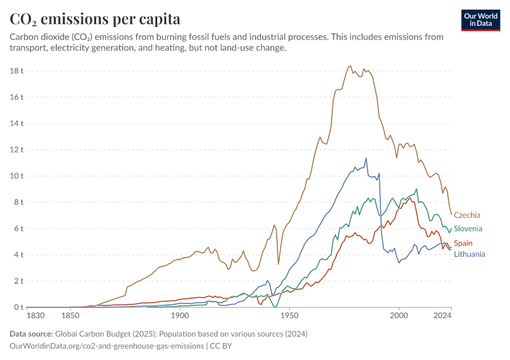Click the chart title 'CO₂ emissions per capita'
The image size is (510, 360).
coord(95,19)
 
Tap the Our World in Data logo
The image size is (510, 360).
coord(481,20)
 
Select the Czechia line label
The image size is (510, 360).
coord(467,215)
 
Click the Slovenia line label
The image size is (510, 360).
coord(468,229)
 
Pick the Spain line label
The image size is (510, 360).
coord(463,243)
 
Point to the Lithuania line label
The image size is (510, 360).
coord(469,254)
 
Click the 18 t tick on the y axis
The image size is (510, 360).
coord(17,71)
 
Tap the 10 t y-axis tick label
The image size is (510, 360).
coord(17,176)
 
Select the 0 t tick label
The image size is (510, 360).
coord(19,307)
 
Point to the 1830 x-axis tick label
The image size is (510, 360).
coord(35,316)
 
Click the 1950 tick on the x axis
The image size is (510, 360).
coord(289,316)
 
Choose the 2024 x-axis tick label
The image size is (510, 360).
coord(442,316)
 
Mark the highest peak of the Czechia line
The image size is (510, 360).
coord(350,66)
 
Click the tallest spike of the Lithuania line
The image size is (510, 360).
coord(366,158)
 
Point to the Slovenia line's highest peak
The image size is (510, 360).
coord(416,189)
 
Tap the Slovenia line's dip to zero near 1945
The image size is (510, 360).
coord(275,307)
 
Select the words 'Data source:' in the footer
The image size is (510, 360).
coord(31,334)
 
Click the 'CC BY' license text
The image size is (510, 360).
coord(221,346)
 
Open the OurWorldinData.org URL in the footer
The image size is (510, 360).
coord(107,346)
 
